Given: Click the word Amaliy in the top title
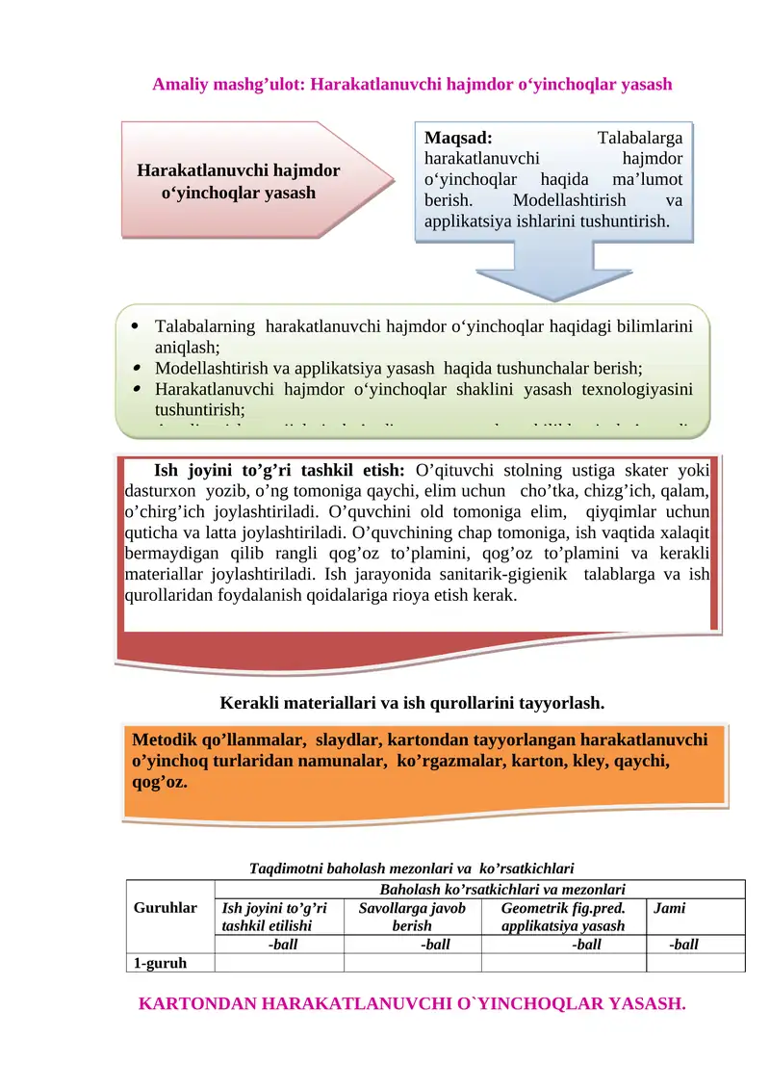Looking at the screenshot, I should coord(177,84).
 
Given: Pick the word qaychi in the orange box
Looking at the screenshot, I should coord(641,761).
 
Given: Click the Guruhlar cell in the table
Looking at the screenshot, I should coord(165,907).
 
